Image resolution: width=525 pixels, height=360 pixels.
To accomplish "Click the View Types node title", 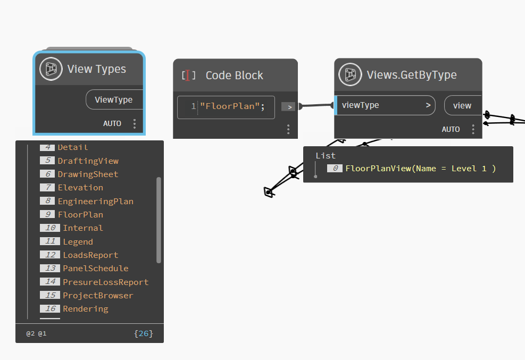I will tap(96, 69).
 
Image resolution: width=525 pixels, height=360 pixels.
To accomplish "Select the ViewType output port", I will tap(113, 99).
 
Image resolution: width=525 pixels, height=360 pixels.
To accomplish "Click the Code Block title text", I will tap(234, 76).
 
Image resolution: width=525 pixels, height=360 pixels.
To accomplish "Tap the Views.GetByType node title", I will tap(411, 75).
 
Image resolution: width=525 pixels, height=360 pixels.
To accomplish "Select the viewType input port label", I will tap(361, 105).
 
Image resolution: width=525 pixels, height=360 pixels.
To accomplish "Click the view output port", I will tap(462, 105).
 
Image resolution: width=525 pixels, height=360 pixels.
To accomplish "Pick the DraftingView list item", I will tap(88, 161).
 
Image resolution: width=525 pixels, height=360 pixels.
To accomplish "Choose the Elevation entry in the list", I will tap(80, 187).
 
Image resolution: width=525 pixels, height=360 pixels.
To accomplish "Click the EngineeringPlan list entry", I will tap(95, 201).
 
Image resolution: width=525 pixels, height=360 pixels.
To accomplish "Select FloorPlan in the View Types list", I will tap(80, 214).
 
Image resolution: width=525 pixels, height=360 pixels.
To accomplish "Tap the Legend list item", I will tap(78, 241).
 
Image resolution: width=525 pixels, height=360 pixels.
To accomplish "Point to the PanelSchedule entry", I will tap(95, 268).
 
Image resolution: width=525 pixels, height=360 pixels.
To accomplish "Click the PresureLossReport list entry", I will tap(105, 282).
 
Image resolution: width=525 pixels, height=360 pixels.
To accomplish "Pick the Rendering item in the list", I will tap(85, 308).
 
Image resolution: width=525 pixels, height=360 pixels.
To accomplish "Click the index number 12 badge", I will tap(49, 255).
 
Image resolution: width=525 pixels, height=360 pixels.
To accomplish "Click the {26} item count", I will tap(144, 333).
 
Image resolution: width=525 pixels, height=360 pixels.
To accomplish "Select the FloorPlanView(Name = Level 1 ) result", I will tap(420, 168).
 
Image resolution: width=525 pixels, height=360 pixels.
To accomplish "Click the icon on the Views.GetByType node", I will tap(350, 74).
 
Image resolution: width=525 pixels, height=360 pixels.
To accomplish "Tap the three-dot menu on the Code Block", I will tap(288, 129).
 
